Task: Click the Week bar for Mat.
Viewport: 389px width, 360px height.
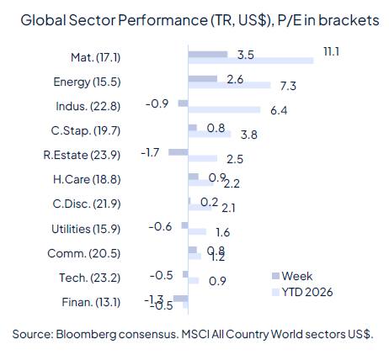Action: click(208, 54)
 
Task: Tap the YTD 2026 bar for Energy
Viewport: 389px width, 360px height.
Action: click(229, 86)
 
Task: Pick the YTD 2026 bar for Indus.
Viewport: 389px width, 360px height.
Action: click(224, 110)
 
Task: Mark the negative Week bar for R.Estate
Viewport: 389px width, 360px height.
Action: click(179, 152)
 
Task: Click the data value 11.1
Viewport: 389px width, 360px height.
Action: click(331, 53)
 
